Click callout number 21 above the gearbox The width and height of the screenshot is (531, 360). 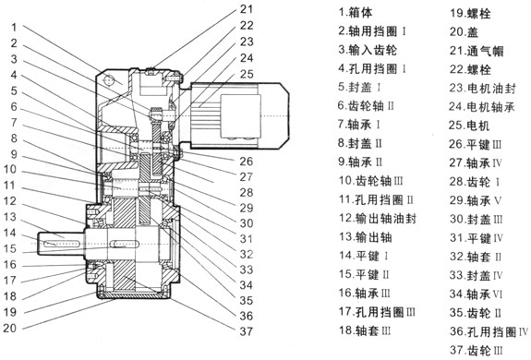coord(247,9)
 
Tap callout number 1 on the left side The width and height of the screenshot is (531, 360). coord(14,27)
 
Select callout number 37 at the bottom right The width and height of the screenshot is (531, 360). coord(247,331)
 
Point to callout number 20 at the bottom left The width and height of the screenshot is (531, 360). coord(10,328)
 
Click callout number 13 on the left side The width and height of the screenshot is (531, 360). coord(10,217)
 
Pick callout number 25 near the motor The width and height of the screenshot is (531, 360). coord(247,74)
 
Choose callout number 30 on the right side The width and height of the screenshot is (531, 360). coord(247,223)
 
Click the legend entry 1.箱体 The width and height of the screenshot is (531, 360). coord(356,13)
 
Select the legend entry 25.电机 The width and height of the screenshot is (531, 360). coord(469,126)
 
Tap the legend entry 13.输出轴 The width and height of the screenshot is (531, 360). coord(366,237)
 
